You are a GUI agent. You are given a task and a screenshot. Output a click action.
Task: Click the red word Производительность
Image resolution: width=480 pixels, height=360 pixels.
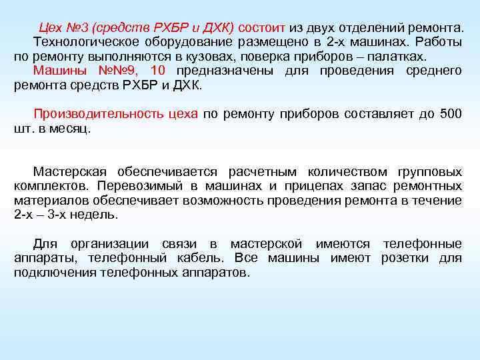coord(115,114)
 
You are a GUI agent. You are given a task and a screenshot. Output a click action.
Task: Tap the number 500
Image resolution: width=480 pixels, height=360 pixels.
coord(451,114)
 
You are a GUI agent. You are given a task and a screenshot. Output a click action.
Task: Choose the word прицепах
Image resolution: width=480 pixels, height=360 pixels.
coord(321,186)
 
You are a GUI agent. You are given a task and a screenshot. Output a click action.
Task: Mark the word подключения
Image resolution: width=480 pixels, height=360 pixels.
coord(55,273)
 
